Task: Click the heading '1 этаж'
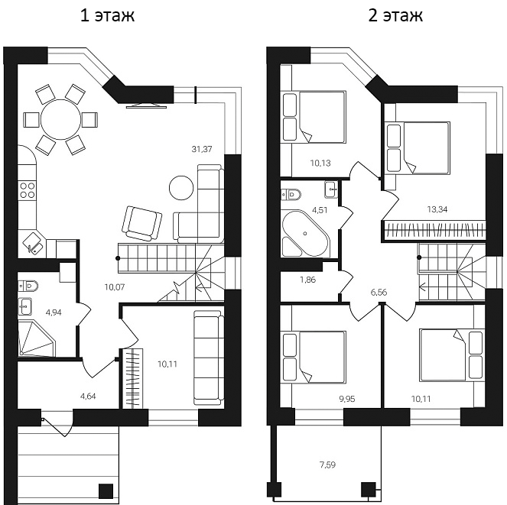[107, 16]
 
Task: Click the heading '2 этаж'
[395, 16]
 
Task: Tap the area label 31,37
[203, 149]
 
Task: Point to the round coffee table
[182, 187]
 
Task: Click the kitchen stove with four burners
[28, 190]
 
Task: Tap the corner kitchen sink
[32, 244]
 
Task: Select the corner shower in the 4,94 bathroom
[36, 339]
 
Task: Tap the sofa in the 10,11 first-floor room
[207, 357]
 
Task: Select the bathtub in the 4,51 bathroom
[304, 233]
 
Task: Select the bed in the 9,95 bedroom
[314, 356]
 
